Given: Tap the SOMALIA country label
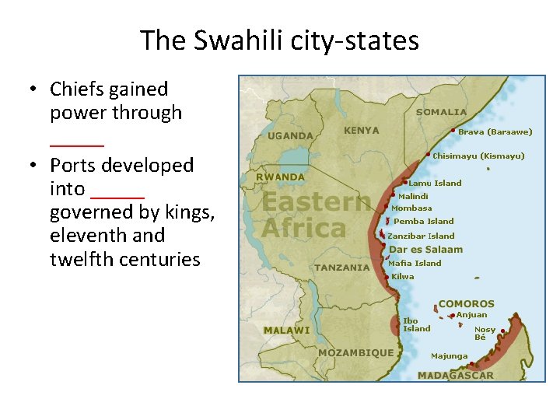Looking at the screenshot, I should point(442,112).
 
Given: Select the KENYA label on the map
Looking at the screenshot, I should point(362,131).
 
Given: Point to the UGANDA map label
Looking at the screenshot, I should point(290,135).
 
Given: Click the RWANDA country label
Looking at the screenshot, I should point(281,177).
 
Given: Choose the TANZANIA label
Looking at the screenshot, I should point(342,267).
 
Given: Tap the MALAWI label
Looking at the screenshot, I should point(286,330).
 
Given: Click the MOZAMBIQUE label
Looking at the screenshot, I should point(355,352).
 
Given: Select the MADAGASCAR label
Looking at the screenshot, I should point(455,375).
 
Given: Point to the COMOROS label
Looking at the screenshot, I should point(466,303).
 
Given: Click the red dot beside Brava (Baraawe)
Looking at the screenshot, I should point(453,131).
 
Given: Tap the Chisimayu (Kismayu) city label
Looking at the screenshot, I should point(478,156).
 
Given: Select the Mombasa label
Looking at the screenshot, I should point(411,208).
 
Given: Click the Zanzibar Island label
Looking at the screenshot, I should point(421,236).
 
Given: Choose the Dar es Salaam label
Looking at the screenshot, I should point(425,250).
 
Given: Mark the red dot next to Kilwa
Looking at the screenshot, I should point(387,277).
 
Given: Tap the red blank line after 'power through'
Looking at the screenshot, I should point(76,142).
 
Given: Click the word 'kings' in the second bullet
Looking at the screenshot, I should point(189,212).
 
